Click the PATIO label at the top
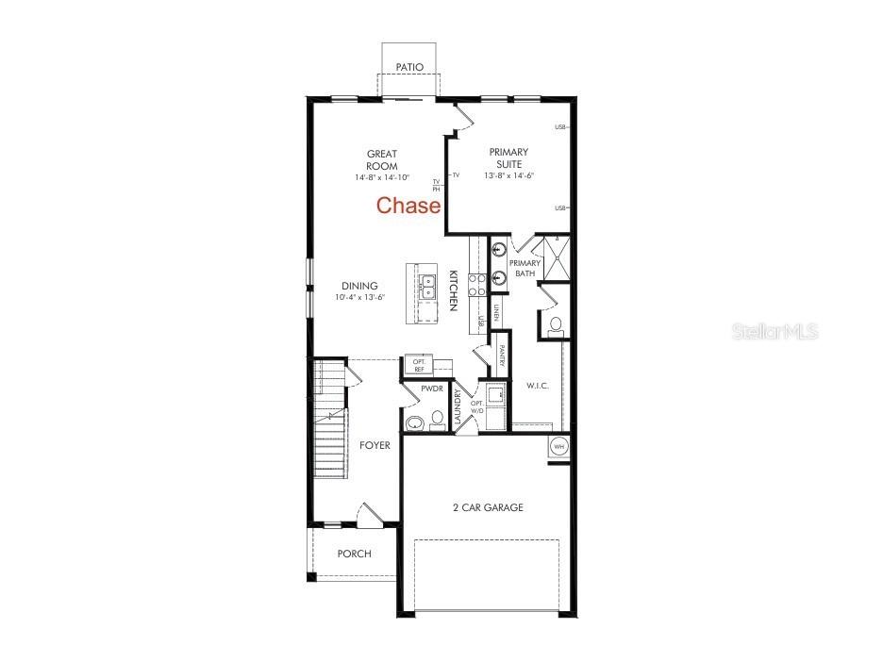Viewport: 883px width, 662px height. click(409, 67)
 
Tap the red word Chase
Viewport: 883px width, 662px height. click(408, 206)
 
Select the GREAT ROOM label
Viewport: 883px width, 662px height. click(382, 159)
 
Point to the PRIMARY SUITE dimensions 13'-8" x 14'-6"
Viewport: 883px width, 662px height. click(508, 176)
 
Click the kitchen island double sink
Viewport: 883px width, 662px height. click(426, 286)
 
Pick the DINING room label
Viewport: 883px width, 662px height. click(359, 286)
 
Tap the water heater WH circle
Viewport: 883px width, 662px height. click(558, 446)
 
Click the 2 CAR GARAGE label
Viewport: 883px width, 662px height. click(487, 507)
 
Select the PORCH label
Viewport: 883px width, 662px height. click(354, 554)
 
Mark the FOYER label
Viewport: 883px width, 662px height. click(375, 445)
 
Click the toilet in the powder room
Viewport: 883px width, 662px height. click(438, 419)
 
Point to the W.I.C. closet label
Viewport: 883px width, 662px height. click(537, 386)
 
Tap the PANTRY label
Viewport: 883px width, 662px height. click(503, 356)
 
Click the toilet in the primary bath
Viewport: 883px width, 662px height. click(556, 325)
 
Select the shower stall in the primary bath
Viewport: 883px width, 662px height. click(551, 258)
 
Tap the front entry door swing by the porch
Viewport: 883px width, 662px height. click(370, 515)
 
